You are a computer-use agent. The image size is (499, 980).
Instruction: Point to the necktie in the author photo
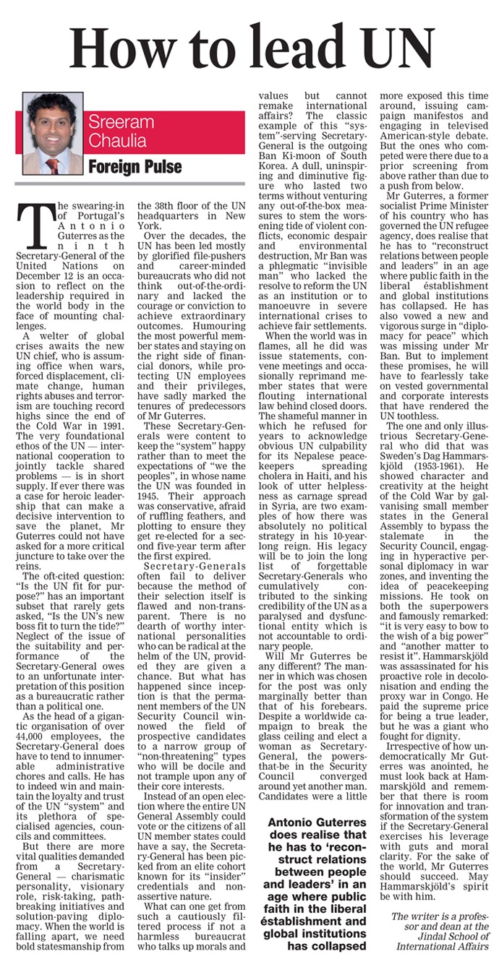coord(54,166)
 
